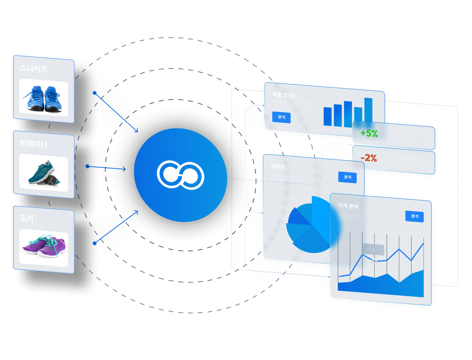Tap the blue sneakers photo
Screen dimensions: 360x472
tap(43, 97)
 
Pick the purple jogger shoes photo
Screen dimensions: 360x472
tap(43, 247)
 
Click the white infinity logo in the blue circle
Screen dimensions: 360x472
tap(180, 175)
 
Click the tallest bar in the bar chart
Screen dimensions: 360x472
tap(368, 112)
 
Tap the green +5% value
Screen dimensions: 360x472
tap(369, 134)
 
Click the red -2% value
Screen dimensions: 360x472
tap(369, 158)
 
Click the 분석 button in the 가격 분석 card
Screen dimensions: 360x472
tap(415, 216)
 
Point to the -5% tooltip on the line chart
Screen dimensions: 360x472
tap(374, 249)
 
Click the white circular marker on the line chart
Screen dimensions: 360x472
tap(374, 261)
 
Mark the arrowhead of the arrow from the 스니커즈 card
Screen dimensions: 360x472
tap(136, 131)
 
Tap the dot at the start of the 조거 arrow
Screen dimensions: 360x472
tap(94, 243)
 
